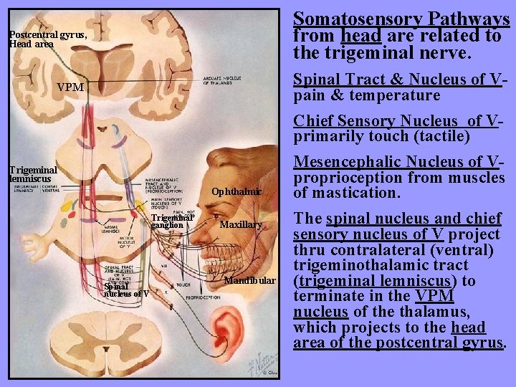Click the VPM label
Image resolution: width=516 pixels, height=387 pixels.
70,87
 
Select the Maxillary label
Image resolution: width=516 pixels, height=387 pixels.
240,225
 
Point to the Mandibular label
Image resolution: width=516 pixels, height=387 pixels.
249,280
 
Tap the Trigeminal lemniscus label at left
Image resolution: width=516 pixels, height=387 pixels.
32,174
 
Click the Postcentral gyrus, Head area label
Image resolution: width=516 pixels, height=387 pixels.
48,39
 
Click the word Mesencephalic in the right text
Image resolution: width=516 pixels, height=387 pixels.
351,161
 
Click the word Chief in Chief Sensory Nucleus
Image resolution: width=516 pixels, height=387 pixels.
313,120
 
